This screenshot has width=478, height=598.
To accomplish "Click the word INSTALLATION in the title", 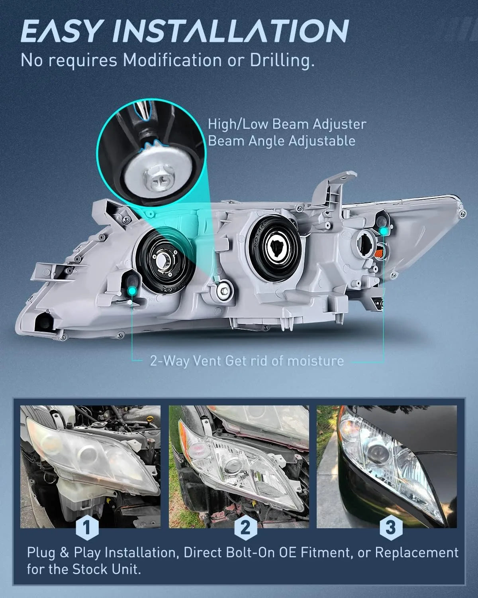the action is pos(231,31).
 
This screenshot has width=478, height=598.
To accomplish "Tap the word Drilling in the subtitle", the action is pos(282,60).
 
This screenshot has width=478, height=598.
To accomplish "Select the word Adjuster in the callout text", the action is pos(339,124).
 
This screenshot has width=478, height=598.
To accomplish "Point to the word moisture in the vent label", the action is pos(315,361).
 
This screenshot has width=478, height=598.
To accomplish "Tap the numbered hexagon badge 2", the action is pos(245,527).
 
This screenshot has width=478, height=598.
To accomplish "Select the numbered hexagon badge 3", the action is pos(391,527).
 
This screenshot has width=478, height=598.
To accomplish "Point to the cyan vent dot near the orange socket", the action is pos(384,231).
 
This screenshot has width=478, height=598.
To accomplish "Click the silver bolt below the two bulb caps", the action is pos(224,291).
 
